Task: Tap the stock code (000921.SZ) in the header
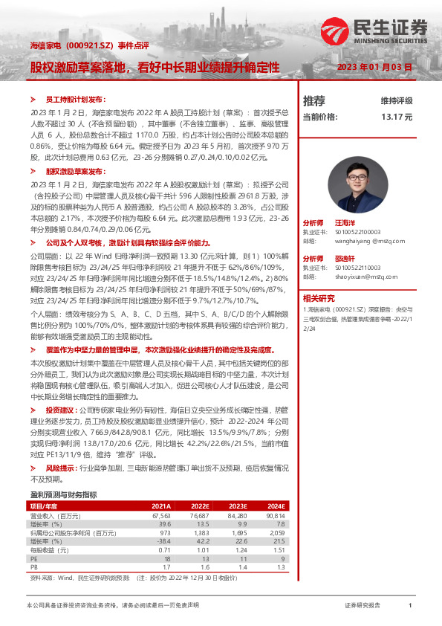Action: click(x=79, y=47)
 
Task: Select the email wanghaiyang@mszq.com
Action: click(x=362, y=240)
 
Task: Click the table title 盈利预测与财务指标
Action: click(x=63, y=494)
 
